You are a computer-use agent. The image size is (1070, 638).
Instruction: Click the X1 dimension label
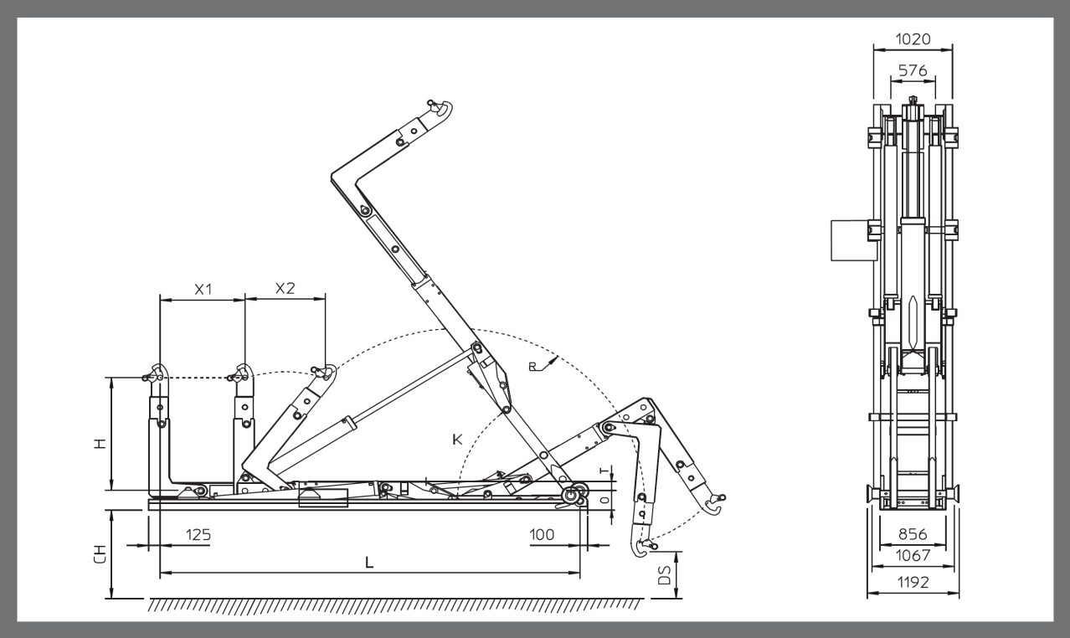click(x=203, y=289)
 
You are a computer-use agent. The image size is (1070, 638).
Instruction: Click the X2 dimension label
click(x=286, y=288)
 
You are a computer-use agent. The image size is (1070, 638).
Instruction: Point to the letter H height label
click(x=100, y=444)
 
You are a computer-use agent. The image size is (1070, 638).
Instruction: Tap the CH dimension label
click(x=100, y=554)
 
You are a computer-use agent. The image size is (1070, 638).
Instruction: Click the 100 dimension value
click(x=543, y=533)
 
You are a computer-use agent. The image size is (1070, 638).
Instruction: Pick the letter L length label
click(x=369, y=563)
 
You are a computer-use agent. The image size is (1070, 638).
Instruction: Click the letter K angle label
click(x=459, y=439)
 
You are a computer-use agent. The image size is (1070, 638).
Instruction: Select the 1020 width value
click(x=912, y=39)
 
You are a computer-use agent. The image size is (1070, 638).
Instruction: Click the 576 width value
click(x=912, y=71)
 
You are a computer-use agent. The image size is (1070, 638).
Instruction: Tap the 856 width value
click(x=912, y=533)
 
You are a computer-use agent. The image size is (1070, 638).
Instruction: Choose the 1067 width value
click(x=912, y=556)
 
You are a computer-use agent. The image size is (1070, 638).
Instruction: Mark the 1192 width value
click(x=912, y=583)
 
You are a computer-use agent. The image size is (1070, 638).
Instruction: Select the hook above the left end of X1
click(x=157, y=373)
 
